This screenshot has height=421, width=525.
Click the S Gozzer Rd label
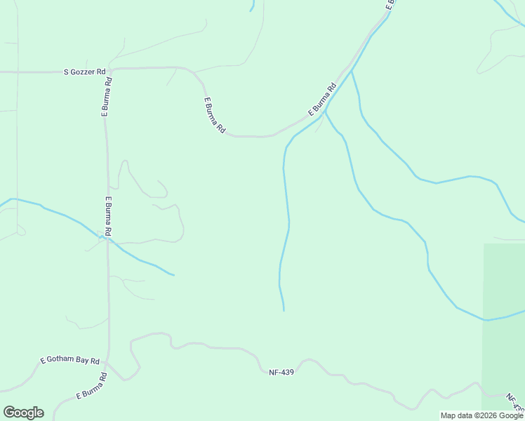tap(84, 72)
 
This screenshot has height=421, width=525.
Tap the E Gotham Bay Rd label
tap(70, 360)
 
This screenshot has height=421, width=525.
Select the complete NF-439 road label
tap(281, 372)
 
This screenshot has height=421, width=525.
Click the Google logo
tap(23, 413)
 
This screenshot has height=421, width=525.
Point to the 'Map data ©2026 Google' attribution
tap(482, 415)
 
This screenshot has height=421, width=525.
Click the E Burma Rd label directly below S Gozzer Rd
tap(107, 95)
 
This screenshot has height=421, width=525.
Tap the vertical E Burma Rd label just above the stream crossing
tap(108, 215)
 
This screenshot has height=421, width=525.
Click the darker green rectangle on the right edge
tap(504, 323)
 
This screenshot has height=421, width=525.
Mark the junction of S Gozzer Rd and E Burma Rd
tap(111, 69)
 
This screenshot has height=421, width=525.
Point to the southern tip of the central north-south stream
tap(284, 309)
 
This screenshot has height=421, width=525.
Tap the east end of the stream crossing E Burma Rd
tap(173, 274)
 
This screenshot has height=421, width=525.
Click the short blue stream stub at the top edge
tap(252, 6)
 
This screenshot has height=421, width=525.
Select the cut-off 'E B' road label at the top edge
tap(390, 4)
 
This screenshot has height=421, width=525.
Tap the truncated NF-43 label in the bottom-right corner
tap(516, 403)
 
